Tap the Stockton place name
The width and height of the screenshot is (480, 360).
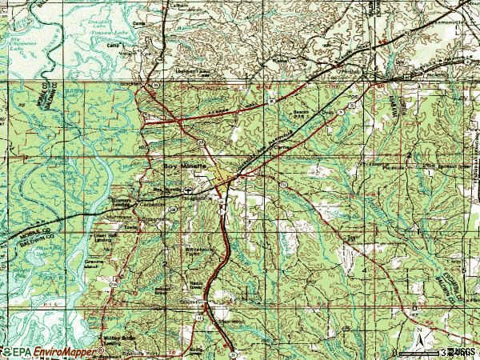pyautogui.click(x=132, y=82)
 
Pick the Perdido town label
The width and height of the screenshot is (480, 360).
pyautogui.click(x=347, y=71)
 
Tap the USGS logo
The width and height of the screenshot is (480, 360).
pyautogui.click(x=462, y=351)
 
